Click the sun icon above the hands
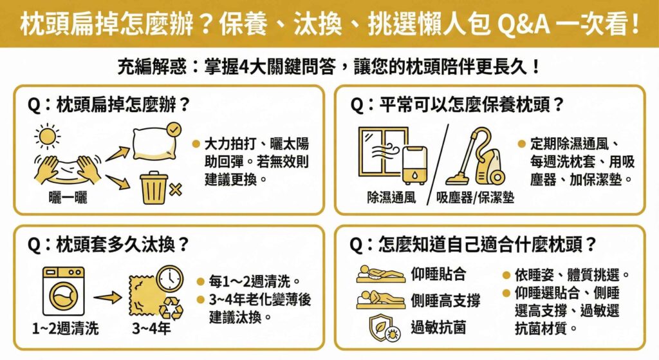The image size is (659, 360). tap(47, 137)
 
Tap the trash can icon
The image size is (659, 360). tap(154, 187)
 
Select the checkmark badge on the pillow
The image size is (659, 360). tap(174, 129)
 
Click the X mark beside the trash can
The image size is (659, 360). tap(176, 191)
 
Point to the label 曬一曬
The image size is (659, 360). tap(68, 197)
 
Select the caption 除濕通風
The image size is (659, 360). tap(391, 197)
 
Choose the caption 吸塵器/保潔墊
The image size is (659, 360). tap(475, 197)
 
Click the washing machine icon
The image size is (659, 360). tap(64, 291)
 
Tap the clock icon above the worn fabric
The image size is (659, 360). tap(170, 278)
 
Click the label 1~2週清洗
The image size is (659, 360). tap(65, 328)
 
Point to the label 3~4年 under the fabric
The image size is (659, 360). tap(151, 328)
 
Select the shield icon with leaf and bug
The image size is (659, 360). tap(384, 328)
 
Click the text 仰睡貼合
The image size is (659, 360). tap(438, 274)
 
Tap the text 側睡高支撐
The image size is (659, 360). tap(445, 301)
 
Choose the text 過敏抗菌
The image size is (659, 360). tap(438, 327)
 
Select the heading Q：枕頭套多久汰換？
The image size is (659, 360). tap(108, 244)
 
